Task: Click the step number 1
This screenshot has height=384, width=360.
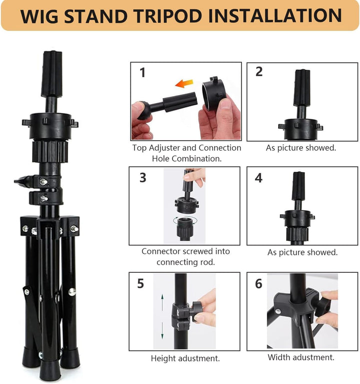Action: pyautogui.click(x=142, y=73)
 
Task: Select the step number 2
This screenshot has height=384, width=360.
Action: pyautogui.click(x=258, y=72)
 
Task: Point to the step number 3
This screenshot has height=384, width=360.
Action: pyautogui.click(x=142, y=178)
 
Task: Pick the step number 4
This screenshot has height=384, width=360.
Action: pyautogui.click(x=258, y=178)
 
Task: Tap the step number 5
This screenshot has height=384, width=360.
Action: pyautogui.click(x=140, y=283)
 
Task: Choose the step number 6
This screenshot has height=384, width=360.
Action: pyautogui.click(x=258, y=284)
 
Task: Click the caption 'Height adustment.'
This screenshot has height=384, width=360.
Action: pyautogui.click(x=185, y=358)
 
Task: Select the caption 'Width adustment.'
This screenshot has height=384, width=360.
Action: pyautogui.click(x=301, y=357)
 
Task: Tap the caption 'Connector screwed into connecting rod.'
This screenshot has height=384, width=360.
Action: pyautogui.click(x=185, y=257)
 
